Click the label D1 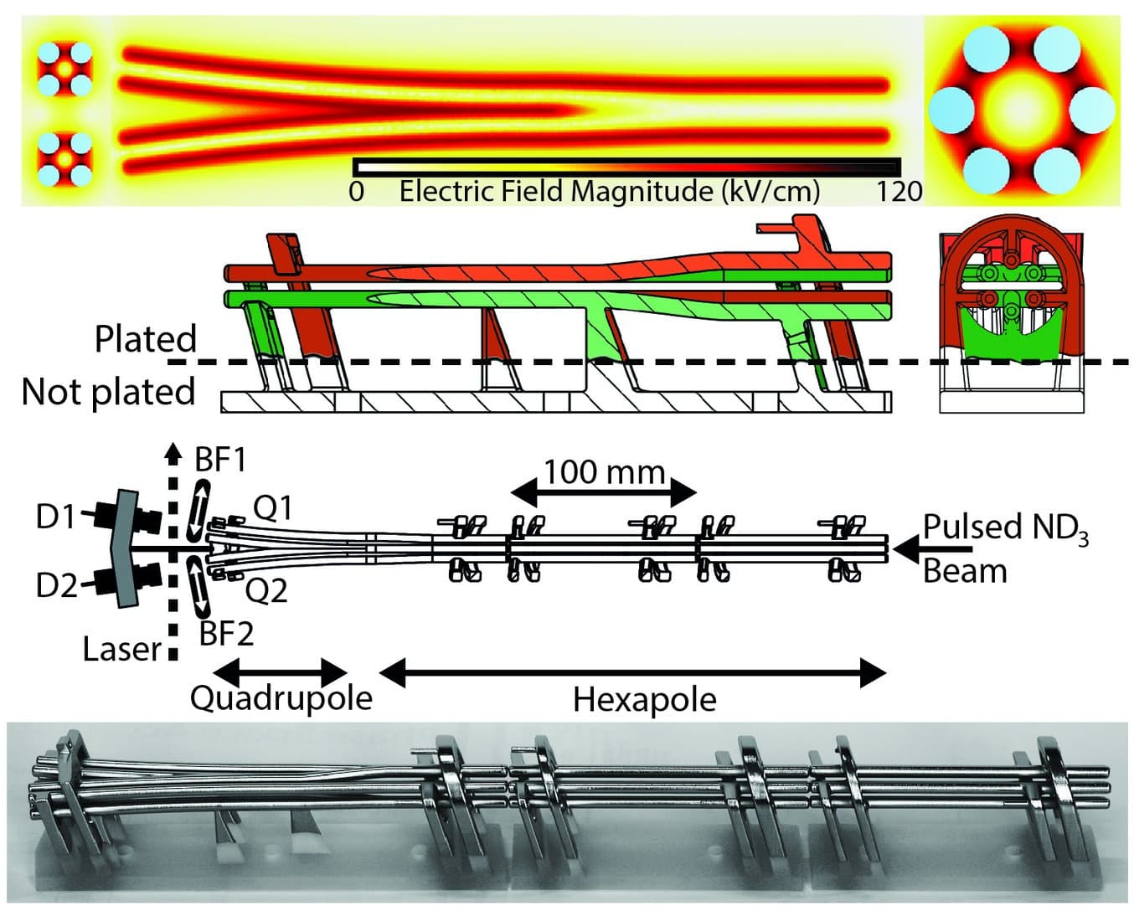[55, 517]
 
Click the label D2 [55, 584]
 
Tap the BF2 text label [226, 634]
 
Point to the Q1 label [272, 507]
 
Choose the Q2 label [266, 591]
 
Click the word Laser [121, 649]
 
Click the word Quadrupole [281, 697]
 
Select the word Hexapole [644, 699]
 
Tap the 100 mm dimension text [604, 472]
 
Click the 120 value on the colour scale [899, 192]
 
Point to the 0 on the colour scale [356, 192]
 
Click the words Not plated [108, 392]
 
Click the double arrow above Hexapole [632, 672]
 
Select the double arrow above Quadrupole [280, 670]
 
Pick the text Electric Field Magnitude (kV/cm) [609, 192]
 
